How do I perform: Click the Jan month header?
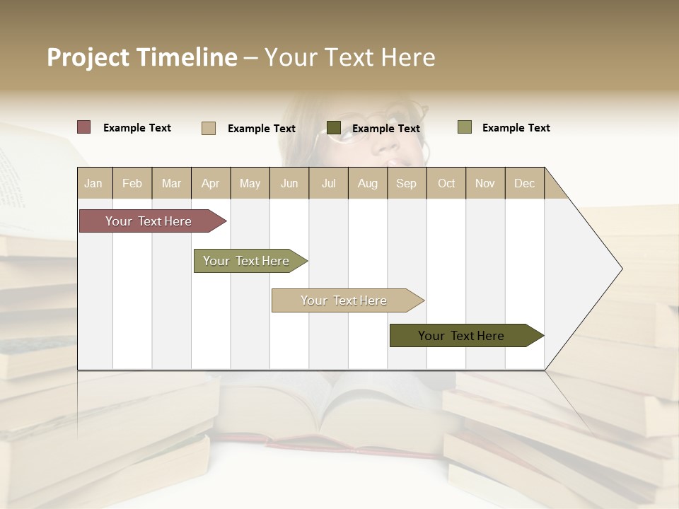click(93, 183)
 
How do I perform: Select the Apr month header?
click(210, 183)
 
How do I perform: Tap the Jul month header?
click(328, 183)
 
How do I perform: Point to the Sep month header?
click(406, 183)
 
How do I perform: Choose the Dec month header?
click(524, 183)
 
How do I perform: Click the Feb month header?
click(132, 183)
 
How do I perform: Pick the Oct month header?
click(446, 183)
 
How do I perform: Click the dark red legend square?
click(84, 127)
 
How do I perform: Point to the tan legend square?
click(209, 128)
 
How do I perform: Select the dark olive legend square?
click(334, 127)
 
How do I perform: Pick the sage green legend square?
click(465, 127)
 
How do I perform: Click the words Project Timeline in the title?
click(142, 57)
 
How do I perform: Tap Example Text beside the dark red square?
click(137, 128)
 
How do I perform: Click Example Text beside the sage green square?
click(516, 128)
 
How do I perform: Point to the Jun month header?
click(289, 183)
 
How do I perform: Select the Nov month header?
click(485, 183)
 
